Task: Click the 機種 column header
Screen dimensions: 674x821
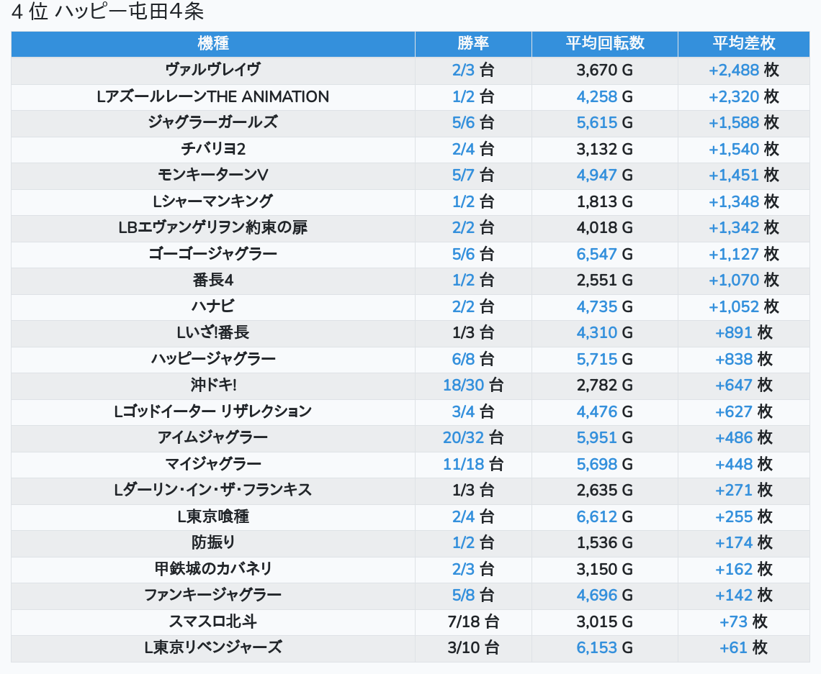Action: [x=212, y=43]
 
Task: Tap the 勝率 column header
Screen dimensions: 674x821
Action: [x=473, y=43]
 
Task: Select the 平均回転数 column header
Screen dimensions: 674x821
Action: [x=604, y=43]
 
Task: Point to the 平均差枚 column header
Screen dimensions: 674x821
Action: [x=743, y=43]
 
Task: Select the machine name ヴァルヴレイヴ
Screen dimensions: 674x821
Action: [x=212, y=70]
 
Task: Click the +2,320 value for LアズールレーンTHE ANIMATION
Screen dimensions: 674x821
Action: [x=734, y=96]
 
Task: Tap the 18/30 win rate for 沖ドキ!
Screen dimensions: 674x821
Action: [x=464, y=385]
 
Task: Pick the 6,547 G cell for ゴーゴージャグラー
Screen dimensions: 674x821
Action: [x=597, y=254]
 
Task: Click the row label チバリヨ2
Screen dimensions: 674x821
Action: [x=212, y=149]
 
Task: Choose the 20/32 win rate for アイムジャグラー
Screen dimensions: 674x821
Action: [x=464, y=437]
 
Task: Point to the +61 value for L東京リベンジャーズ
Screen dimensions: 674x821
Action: [x=733, y=647]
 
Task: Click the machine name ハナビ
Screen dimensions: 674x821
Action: [x=212, y=306]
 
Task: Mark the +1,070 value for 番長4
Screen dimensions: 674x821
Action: [x=734, y=280]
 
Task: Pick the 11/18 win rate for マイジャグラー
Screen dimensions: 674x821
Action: [x=464, y=464]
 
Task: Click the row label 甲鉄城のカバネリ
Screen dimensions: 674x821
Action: [x=212, y=569]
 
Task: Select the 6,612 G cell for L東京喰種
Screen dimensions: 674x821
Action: [x=597, y=516]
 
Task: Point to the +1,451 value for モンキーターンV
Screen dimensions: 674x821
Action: [x=734, y=175]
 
